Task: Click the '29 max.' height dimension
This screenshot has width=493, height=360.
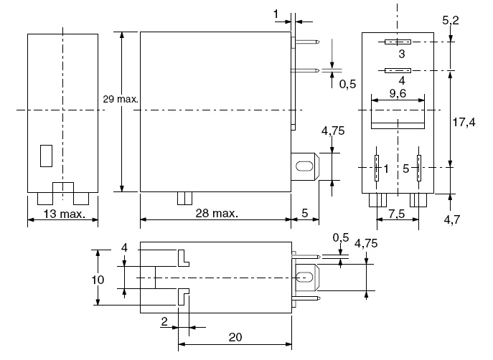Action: coord(121,98)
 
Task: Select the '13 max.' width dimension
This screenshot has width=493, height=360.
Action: coord(62,214)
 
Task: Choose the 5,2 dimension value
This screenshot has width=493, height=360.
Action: coord(451,21)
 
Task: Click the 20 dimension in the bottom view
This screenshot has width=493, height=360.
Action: coord(235,336)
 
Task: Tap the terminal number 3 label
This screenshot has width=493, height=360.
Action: coord(401,55)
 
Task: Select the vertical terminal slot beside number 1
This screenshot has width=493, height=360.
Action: coord(376,169)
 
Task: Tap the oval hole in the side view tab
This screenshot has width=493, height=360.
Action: coord(304,167)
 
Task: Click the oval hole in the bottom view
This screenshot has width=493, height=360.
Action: coord(304,277)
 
